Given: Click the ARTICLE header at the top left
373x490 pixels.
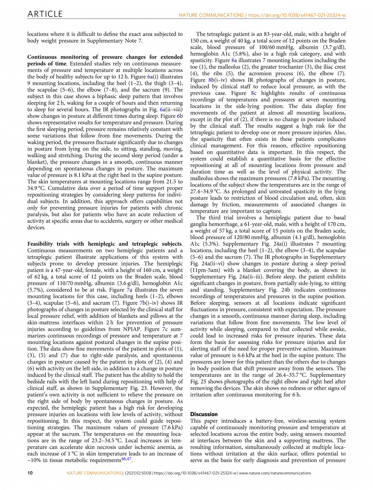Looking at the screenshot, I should pyautogui.click(x=45, y=14).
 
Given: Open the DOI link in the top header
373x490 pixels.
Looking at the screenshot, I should pyautogui.click(x=297, y=15).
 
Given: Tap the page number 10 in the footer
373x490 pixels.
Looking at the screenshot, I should pyautogui.click(x=30, y=473).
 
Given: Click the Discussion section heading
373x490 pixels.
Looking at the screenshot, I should pyautogui.click(x=204, y=414).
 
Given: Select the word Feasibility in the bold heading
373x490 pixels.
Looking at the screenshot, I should pyautogui.click(x=40, y=244).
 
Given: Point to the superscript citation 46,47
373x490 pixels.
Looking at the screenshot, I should pyautogui.click(x=126, y=459).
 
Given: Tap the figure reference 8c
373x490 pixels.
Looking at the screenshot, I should pyautogui.click(x=254, y=93).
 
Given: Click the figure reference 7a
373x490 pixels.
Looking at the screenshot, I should pyautogui.click(x=129, y=290).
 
